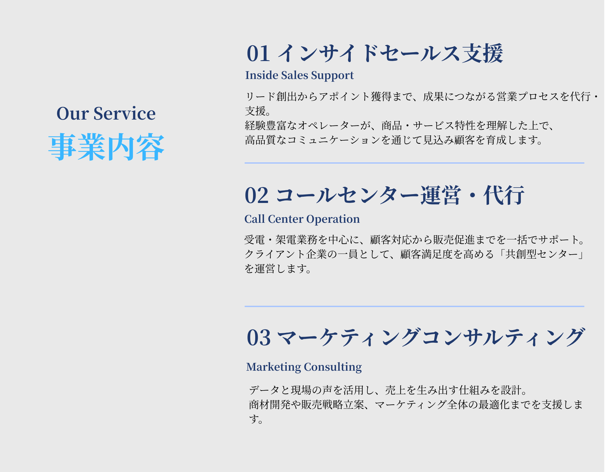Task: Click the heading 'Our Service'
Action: click(106, 114)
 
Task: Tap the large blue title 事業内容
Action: click(107, 147)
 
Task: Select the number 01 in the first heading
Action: click(258, 53)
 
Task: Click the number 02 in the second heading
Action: click(256, 195)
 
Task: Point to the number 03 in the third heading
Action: click(259, 338)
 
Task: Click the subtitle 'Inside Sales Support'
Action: click(299, 76)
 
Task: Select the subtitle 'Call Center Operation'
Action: click(302, 219)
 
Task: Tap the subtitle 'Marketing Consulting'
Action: click(304, 367)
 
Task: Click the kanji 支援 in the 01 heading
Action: click(482, 53)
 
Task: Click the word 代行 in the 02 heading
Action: click(504, 195)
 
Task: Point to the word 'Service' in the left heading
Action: click(124, 114)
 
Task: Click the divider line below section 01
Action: click(414, 163)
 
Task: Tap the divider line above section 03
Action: click(414, 306)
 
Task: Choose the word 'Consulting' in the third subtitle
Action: click(333, 367)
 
